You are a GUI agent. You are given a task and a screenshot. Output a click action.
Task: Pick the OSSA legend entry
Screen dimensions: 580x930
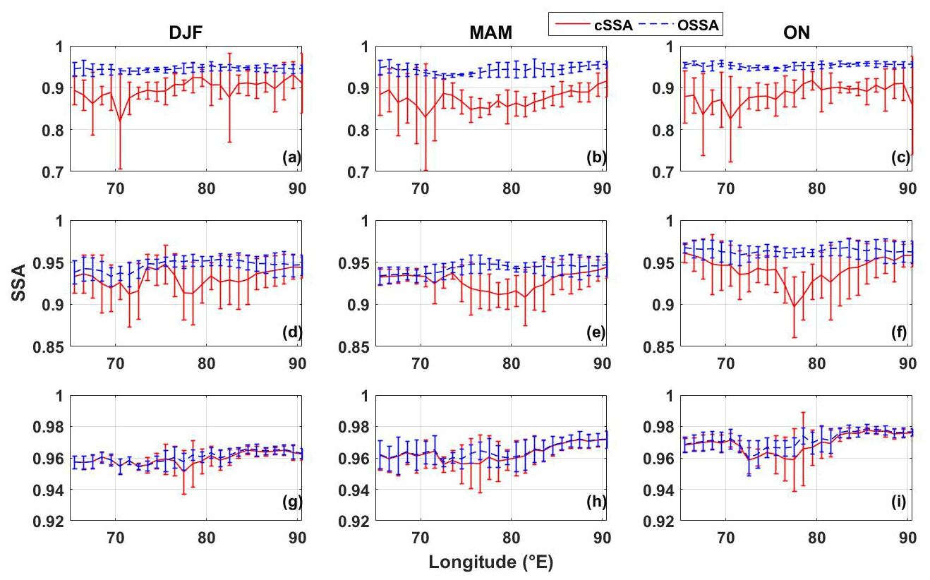(693, 25)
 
